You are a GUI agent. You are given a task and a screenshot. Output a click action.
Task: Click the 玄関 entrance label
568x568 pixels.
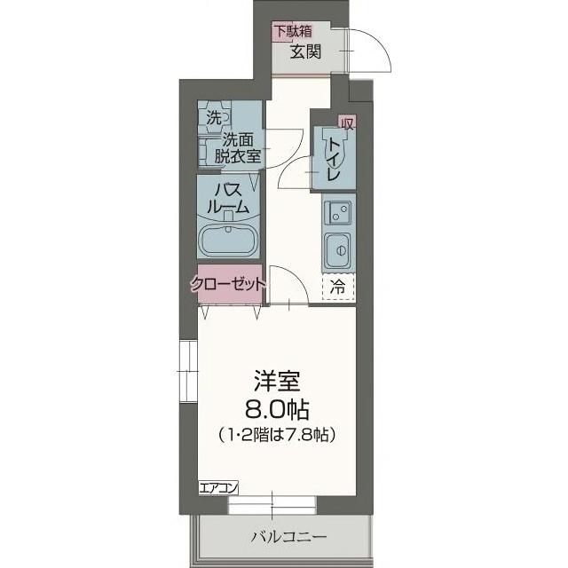coord(305,51)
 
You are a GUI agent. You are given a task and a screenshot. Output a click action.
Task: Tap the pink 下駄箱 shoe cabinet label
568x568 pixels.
coord(293,31)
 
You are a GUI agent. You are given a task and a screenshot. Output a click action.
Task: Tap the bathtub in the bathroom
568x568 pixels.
coord(229,240)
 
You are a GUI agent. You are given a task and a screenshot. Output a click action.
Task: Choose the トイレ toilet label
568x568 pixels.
coord(334,158)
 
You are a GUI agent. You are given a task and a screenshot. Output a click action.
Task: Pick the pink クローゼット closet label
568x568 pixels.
coord(228,285)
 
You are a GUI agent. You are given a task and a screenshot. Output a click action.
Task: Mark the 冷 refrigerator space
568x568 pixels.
coord(338,286)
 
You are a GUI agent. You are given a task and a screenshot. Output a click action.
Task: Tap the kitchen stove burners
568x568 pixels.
coord(337,212)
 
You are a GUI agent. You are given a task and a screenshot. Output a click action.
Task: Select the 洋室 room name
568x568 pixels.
coord(278,384)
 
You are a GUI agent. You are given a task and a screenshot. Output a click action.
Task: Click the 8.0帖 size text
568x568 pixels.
coord(278,410)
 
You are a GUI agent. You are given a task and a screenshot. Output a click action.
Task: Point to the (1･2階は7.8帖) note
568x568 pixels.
coord(279,436)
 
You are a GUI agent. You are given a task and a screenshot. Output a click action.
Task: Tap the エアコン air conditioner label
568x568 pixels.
coord(217,487)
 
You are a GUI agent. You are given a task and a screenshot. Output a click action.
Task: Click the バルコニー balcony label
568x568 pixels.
coord(288,537)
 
